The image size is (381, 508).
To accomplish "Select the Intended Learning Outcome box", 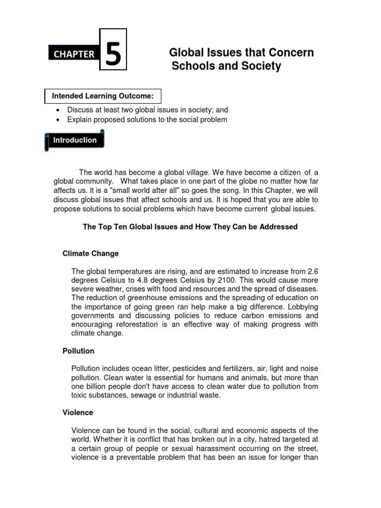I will click(103, 96).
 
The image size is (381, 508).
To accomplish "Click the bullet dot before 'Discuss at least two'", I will click(59, 110).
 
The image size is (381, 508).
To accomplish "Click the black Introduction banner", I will click(75, 140).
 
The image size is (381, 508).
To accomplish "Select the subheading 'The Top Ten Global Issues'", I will click(190, 227).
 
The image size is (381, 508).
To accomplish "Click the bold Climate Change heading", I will click(91, 254).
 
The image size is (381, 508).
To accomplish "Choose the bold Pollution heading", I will click(78, 351).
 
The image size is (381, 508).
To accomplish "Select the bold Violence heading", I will click(78, 412).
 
